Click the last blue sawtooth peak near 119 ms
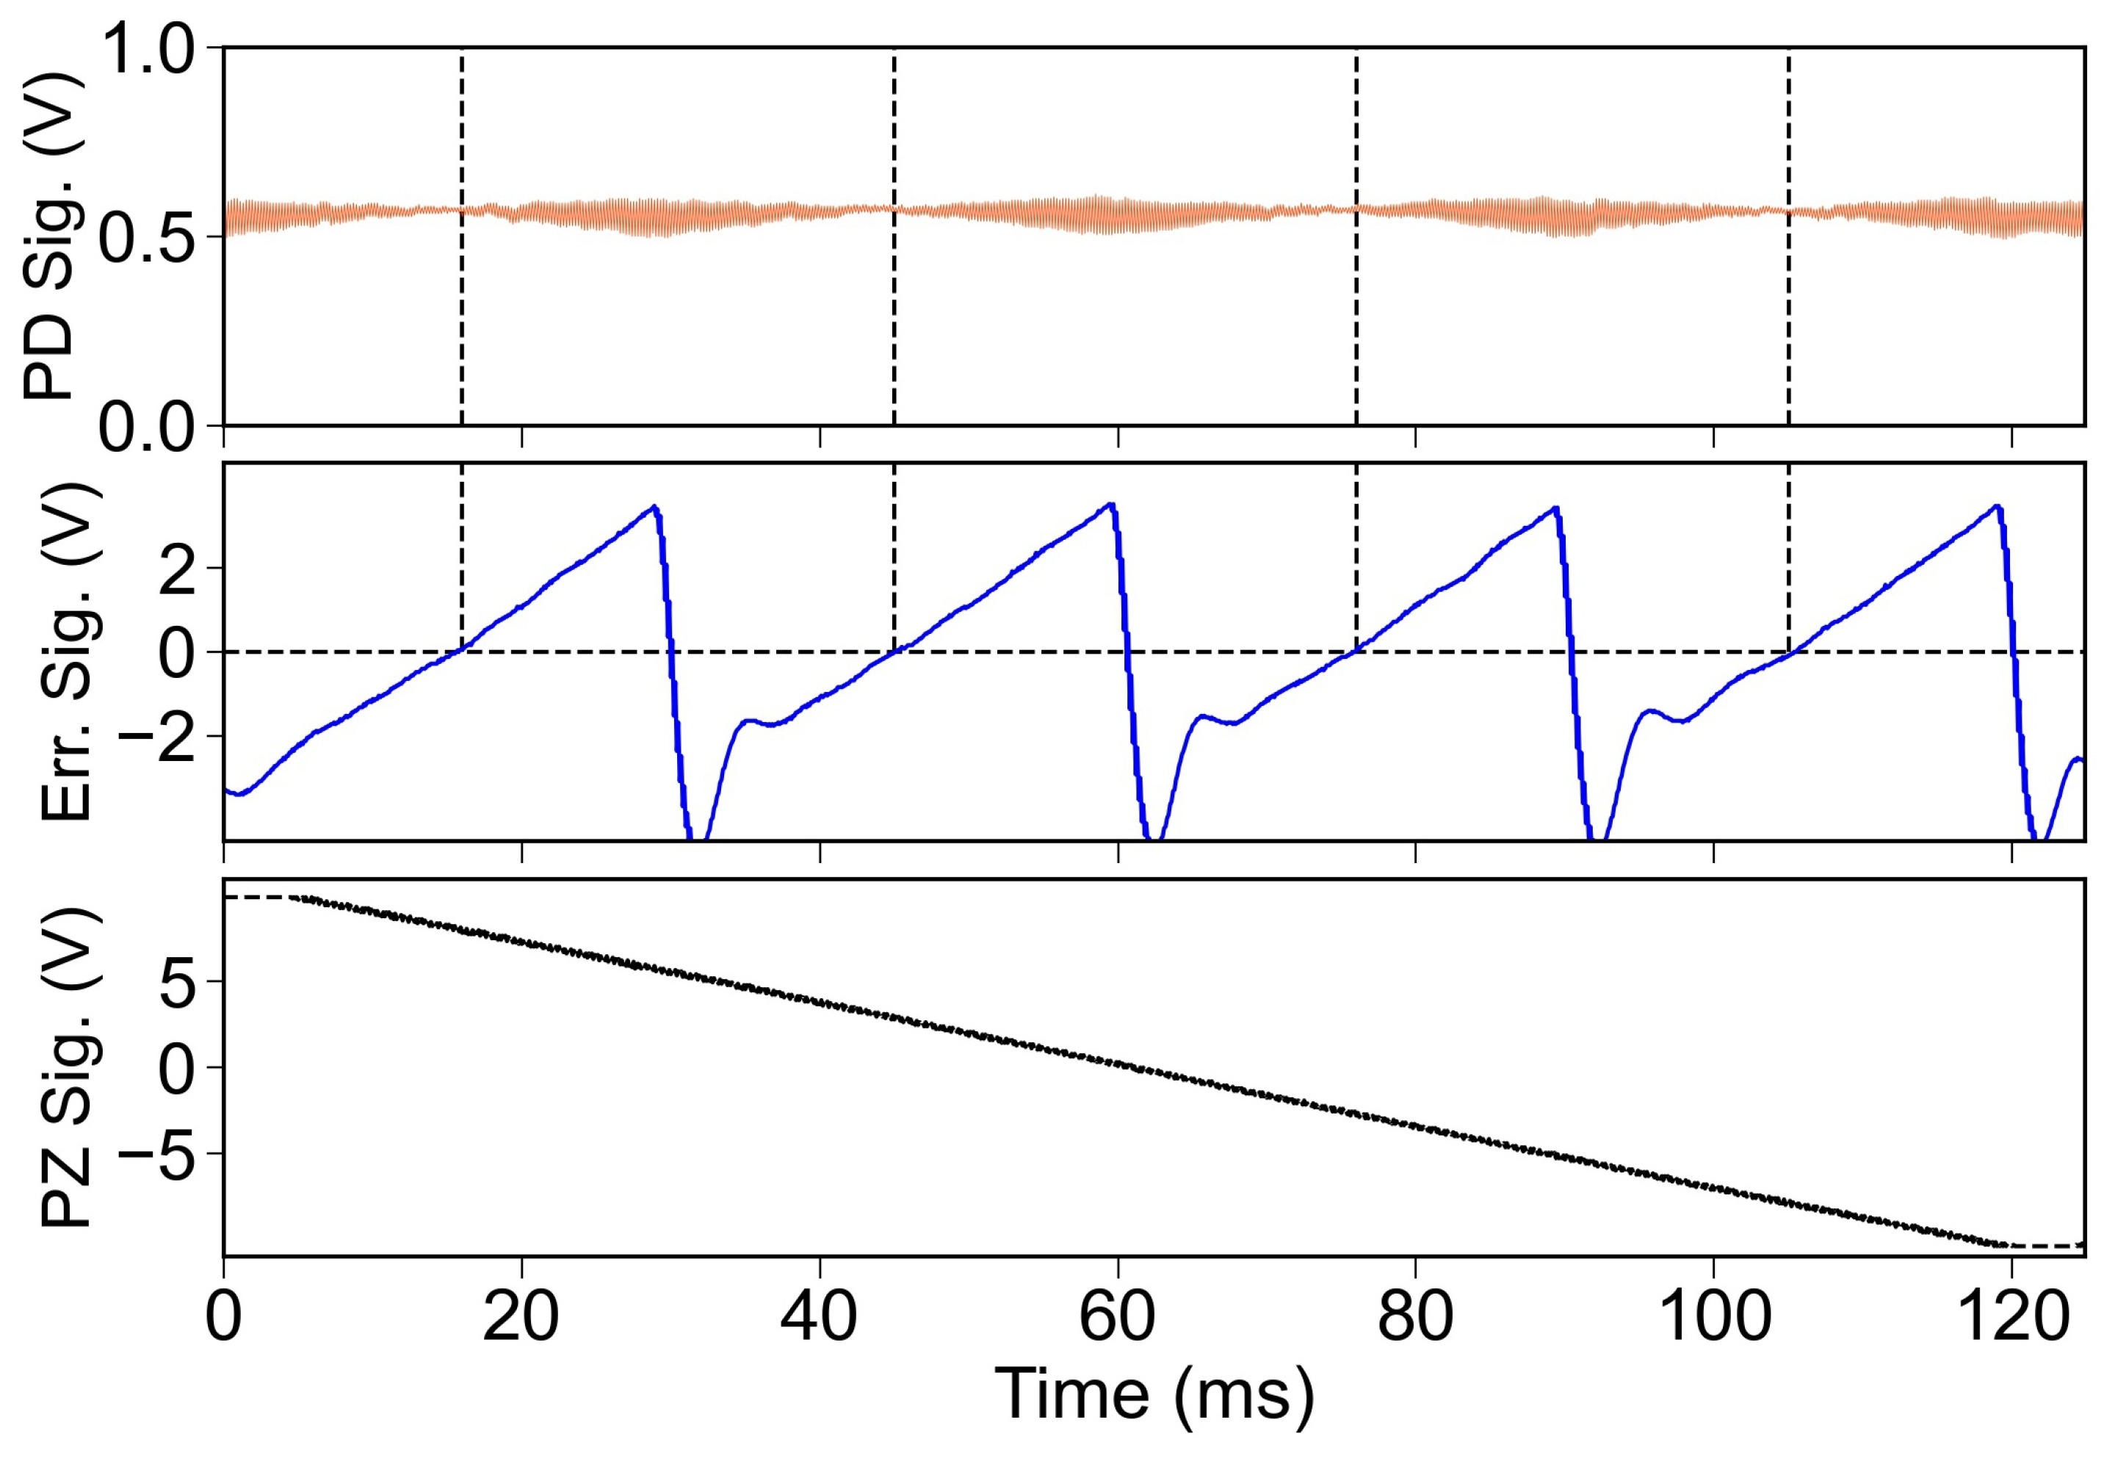coord(1997,505)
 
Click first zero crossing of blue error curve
coord(461,651)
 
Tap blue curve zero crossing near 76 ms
coord(1356,651)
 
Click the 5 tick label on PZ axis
coord(178,982)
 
